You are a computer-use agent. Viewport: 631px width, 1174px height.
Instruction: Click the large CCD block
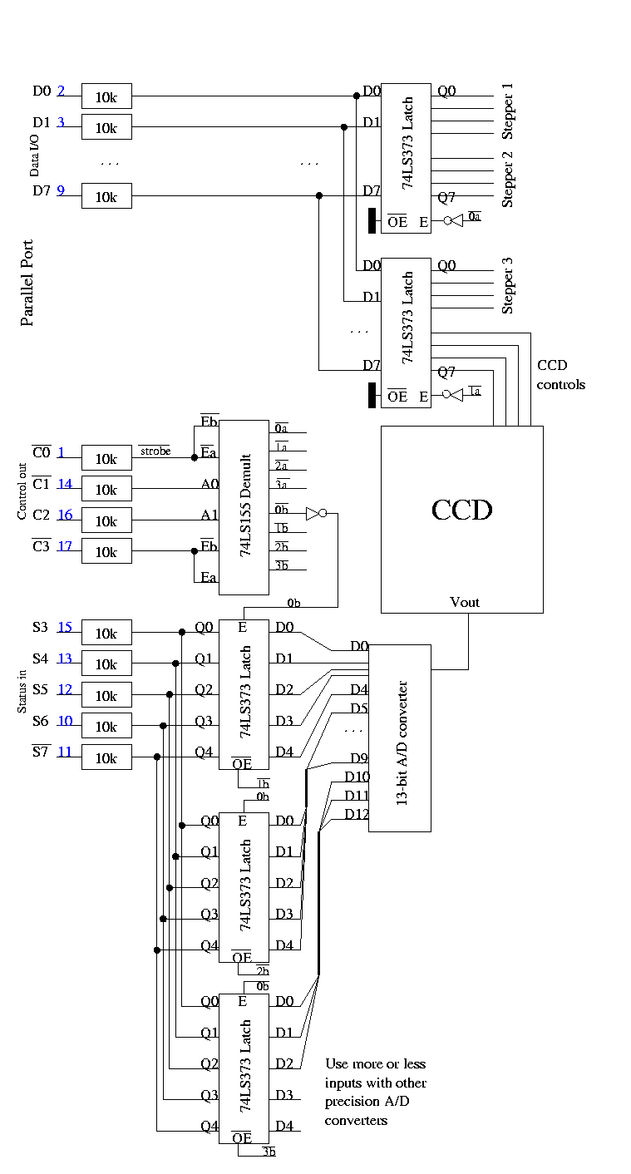pos(461,520)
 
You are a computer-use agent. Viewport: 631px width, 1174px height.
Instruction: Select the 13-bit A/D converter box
pos(400,737)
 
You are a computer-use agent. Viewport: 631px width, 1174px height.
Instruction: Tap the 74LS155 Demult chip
pos(244,507)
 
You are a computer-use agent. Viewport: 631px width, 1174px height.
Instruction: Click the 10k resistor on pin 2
pos(106,96)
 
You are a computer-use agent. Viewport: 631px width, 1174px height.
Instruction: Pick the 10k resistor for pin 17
pos(106,552)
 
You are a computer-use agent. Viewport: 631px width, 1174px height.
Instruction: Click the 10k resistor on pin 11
pos(106,757)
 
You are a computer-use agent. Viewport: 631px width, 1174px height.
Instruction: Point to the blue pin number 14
pos(64,484)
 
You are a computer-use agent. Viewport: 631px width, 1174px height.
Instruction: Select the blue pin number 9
pos(61,190)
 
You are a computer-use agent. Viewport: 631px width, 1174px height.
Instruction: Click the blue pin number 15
pos(64,627)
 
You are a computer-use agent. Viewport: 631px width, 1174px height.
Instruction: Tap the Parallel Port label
pos(27,283)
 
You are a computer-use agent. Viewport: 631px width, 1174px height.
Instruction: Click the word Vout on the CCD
pos(464,602)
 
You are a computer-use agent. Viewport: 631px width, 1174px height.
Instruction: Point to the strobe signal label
pos(155,451)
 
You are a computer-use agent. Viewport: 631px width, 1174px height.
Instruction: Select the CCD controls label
pos(560,375)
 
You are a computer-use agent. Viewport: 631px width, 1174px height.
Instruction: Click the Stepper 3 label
pos(509,285)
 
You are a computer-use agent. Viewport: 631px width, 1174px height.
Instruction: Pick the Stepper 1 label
pos(509,111)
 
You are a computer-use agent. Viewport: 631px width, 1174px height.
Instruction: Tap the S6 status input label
pos(41,720)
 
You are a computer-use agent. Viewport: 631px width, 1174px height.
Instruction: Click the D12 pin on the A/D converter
pos(356,813)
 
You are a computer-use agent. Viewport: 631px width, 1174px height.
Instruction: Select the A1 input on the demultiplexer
pos(210,515)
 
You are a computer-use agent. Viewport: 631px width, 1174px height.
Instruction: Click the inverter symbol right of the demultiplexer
pos(313,514)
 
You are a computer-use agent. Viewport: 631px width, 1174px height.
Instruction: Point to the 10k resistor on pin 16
pos(106,520)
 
